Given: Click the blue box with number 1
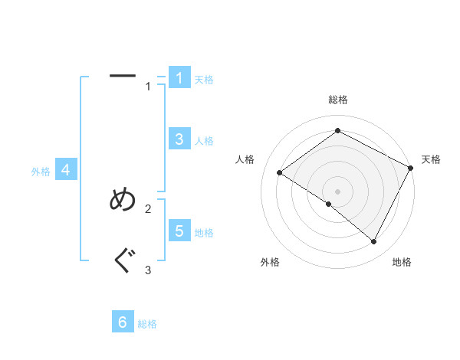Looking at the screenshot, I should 179,78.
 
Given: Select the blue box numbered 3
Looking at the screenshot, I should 179,139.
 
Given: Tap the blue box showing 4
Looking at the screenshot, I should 66,170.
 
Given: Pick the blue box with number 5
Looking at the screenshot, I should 179,231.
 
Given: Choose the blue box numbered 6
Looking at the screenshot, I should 123,322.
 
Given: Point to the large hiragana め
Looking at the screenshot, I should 123,200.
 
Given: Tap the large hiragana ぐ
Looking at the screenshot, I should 123,262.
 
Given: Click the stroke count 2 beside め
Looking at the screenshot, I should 148,208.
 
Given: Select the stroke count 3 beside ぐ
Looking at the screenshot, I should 148,270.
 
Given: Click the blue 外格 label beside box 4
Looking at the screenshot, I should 41,172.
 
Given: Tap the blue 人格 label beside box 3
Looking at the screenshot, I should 204,141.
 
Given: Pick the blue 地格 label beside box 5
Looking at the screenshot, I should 204,233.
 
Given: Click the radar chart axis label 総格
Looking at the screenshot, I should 337,100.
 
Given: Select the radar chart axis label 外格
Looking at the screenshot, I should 270,262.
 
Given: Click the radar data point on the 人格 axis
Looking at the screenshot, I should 279,173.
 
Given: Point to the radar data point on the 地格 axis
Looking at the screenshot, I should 373,241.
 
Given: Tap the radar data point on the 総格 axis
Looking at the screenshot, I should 337,130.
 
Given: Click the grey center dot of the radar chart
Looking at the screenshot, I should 337,191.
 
